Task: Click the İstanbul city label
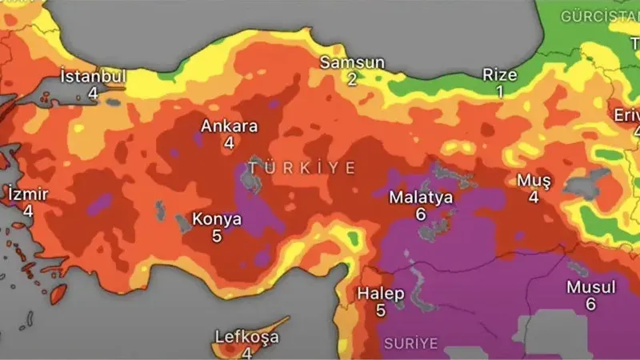tap(94, 77)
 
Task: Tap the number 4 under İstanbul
tap(93, 94)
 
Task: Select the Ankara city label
tap(229, 126)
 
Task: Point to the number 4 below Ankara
tap(229, 143)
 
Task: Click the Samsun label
tap(352, 62)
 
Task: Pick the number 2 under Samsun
tap(352, 79)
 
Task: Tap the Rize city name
tap(500, 75)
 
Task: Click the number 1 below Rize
tap(500, 92)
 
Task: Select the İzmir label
tap(28, 194)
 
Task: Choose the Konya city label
tap(216, 218)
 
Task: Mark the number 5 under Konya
tap(216, 236)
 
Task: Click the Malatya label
tap(421, 197)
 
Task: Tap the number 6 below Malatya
tap(421, 214)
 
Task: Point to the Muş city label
tap(534, 179)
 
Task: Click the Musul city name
tap(590, 287)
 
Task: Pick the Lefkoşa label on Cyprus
tap(247, 337)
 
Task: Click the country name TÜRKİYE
tap(301, 167)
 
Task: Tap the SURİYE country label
tap(411, 343)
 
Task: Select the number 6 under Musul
tap(590, 304)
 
